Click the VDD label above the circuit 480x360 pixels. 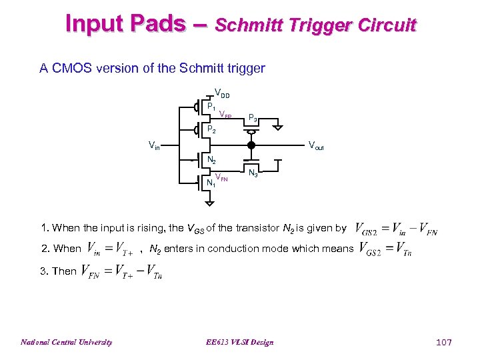[x=221, y=94]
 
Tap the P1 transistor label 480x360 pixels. [x=211, y=106]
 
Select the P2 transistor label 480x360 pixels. [x=211, y=130]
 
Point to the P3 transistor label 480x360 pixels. [x=253, y=118]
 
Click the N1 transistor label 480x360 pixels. [x=210, y=181]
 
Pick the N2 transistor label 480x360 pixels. [x=211, y=161]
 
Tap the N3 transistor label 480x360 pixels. [x=253, y=173]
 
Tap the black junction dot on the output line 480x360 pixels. [x=251, y=145]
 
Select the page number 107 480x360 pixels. [x=443, y=342]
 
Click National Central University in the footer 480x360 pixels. [x=66, y=342]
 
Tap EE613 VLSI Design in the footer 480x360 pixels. [x=240, y=342]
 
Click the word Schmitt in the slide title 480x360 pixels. [x=250, y=25]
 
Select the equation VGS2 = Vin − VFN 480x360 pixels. [x=397, y=229]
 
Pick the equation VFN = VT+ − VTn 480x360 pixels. [x=121, y=271]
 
